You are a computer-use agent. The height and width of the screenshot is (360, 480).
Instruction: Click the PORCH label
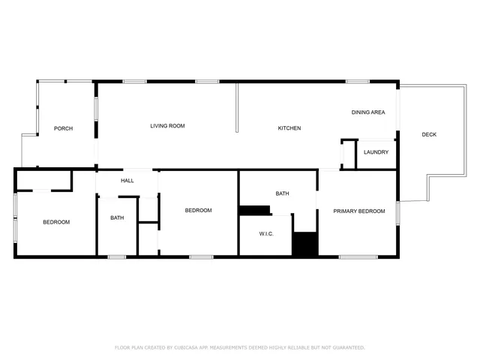[x=63, y=128]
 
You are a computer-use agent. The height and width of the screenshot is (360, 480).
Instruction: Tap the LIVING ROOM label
[x=167, y=126]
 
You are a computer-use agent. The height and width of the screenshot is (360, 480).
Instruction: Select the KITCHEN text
[x=289, y=128]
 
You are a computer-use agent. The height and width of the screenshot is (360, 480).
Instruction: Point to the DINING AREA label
[x=368, y=112]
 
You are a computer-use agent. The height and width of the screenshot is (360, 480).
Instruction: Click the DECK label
[x=429, y=135]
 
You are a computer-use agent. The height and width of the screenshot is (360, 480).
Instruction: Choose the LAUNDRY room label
[x=376, y=152]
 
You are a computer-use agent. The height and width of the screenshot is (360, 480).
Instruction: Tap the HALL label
[x=127, y=181]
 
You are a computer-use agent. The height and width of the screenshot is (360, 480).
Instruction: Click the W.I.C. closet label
[x=266, y=234]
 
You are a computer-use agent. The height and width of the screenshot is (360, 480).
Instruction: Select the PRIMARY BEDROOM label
[x=359, y=211]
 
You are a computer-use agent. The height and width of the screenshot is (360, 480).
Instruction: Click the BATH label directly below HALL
[x=118, y=218]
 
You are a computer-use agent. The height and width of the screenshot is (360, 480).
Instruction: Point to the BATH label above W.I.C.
[x=282, y=193]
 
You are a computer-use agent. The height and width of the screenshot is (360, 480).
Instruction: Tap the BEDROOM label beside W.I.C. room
[x=198, y=211]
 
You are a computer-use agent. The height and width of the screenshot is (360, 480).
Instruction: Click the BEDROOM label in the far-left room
[x=55, y=222]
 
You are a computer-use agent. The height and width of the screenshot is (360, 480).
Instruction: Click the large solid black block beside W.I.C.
[x=305, y=244]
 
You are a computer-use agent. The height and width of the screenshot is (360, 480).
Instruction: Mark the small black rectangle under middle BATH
[x=254, y=210]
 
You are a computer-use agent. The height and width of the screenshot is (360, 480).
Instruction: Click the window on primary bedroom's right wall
[x=397, y=212]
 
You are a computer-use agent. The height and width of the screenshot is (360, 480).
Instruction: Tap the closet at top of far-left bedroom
[x=43, y=181]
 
